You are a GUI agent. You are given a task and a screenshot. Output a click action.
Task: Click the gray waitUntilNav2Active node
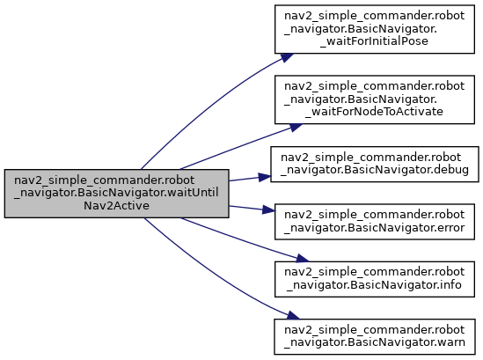click(116, 194)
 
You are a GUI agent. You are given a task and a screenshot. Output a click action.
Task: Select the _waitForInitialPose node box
click(374, 29)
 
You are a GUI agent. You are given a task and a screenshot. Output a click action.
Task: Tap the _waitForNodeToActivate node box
click(374, 99)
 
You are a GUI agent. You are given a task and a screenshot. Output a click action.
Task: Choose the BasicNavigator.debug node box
click(375, 164)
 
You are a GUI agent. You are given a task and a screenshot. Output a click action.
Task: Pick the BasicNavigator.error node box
click(374, 222)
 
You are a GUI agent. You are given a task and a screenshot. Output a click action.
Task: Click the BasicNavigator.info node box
click(374, 279)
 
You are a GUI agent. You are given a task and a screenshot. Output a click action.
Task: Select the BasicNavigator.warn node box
click(374, 336)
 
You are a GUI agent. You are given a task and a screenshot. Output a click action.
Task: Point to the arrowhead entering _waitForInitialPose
click(287, 57)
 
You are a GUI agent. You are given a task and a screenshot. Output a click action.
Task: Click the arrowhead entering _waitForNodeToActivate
click(295, 127)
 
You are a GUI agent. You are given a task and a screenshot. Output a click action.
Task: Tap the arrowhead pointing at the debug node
click(265, 177)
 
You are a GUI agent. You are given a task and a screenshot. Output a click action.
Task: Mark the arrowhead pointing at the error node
click(268, 210)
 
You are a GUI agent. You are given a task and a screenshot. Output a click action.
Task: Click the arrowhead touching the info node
click(302, 259)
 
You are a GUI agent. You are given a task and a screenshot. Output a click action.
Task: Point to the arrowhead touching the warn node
click(293, 316)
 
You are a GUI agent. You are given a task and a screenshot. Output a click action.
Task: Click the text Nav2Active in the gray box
click(116, 206)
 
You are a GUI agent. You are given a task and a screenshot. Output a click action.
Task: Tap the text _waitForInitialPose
click(374, 41)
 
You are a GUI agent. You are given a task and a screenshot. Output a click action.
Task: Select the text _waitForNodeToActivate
click(374, 112)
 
